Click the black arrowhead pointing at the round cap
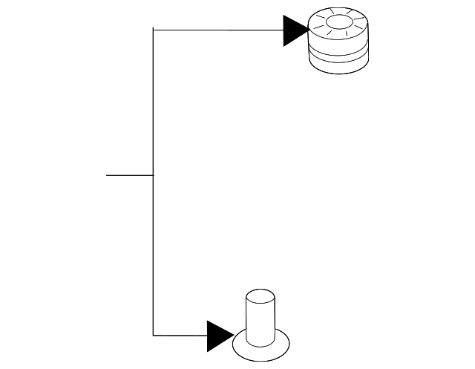(x=295, y=31)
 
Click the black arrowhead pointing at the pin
(x=220, y=336)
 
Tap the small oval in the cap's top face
(x=338, y=25)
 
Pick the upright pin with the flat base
(x=261, y=327)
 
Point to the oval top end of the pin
(x=261, y=295)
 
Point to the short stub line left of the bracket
(x=129, y=175)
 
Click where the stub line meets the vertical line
(x=153, y=175)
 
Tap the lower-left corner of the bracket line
(x=153, y=336)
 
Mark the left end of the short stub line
(x=107, y=175)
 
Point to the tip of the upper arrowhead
(x=309, y=31)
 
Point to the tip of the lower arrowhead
(x=234, y=336)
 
